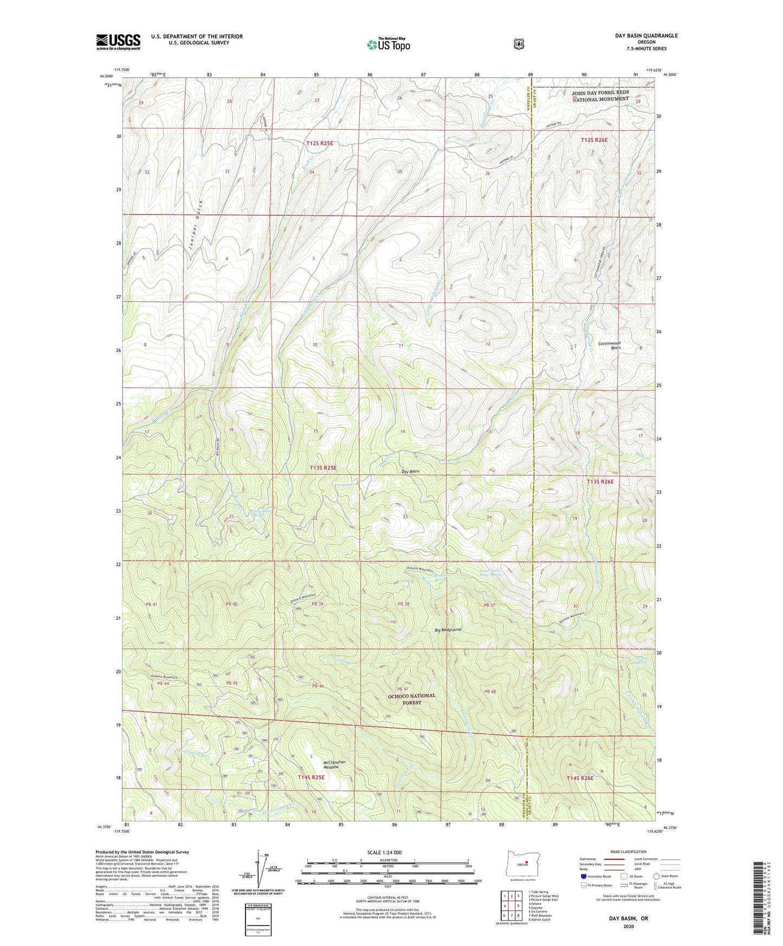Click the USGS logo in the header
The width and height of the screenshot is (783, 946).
[x=118, y=42]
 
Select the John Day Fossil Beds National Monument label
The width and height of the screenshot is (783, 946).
[x=600, y=96]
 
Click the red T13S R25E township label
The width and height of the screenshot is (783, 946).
[x=323, y=468]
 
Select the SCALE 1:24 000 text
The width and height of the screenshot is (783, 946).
[x=384, y=853]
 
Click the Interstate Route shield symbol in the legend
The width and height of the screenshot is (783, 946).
[x=583, y=876]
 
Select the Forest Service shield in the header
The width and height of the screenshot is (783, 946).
[x=519, y=44]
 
